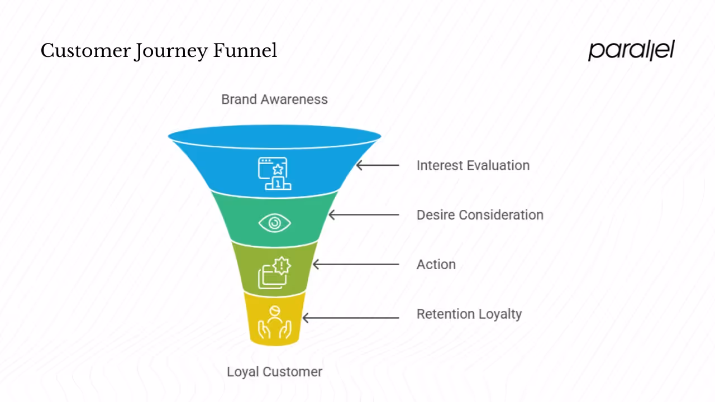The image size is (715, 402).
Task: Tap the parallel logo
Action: tap(631, 50)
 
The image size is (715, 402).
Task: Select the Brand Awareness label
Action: tap(274, 99)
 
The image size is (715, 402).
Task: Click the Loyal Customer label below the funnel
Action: tap(274, 372)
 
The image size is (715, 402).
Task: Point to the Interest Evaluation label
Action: tap(473, 165)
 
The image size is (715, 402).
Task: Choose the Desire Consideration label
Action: tap(480, 215)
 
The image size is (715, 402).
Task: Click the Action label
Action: tap(436, 265)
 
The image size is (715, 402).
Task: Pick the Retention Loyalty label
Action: tap(469, 314)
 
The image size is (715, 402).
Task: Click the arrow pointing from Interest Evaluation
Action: tap(378, 165)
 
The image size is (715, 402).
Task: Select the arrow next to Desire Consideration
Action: tap(364, 215)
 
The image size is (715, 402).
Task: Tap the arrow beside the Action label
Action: tap(356, 265)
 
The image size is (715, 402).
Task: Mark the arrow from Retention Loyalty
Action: tap(351, 318)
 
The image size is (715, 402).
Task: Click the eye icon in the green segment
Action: tap(274, 223)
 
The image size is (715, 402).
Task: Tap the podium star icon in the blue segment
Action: tap(274, 174)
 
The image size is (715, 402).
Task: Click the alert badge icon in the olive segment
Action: tap(274, 272)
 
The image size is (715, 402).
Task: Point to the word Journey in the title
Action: tap(172, 51)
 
